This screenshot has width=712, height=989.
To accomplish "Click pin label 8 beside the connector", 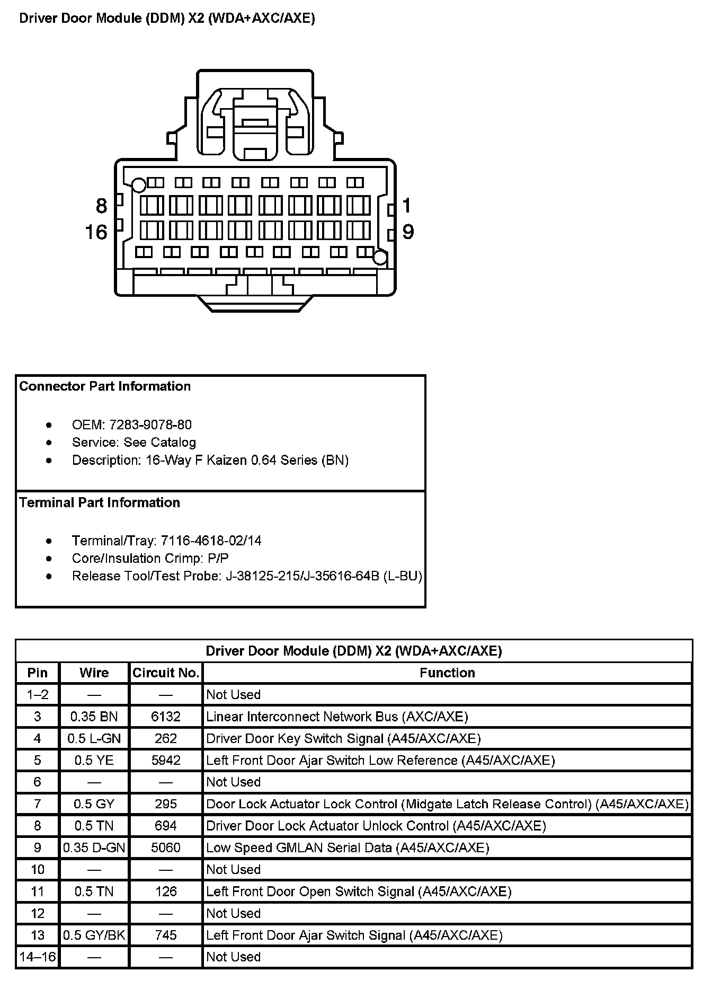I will point(101,206).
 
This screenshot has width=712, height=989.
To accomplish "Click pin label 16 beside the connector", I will point(96,232).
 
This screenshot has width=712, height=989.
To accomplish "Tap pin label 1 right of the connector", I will point(406,205).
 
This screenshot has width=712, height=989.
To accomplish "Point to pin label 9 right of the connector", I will point(408,232).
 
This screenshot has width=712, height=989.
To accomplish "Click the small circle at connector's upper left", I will point(139,185).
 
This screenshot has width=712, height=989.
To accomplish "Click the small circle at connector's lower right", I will point(380,258).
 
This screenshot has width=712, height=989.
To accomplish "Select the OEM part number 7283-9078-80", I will point(150,425).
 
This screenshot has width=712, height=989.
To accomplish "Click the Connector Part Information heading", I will point(105,386).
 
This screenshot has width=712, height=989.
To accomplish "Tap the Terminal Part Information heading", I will point(100,502).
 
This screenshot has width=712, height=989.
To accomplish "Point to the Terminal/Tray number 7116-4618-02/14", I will point(211,541).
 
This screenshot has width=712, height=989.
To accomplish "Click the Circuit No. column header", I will point(166,673).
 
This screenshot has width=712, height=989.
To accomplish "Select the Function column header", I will point(447,673).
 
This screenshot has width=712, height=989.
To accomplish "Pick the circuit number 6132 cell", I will point(166,717).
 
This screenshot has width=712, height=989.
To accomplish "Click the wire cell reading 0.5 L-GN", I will point(94,738).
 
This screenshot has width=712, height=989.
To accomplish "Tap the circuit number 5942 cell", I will point(166,761).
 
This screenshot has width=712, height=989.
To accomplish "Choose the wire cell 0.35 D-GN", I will point(94,847).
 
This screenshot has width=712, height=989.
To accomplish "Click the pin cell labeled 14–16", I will point(38,957).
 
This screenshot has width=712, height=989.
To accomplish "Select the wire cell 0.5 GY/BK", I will point(94,935).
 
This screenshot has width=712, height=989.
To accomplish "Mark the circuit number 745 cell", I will point(166,935).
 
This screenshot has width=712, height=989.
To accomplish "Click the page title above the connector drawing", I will point(167,19).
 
